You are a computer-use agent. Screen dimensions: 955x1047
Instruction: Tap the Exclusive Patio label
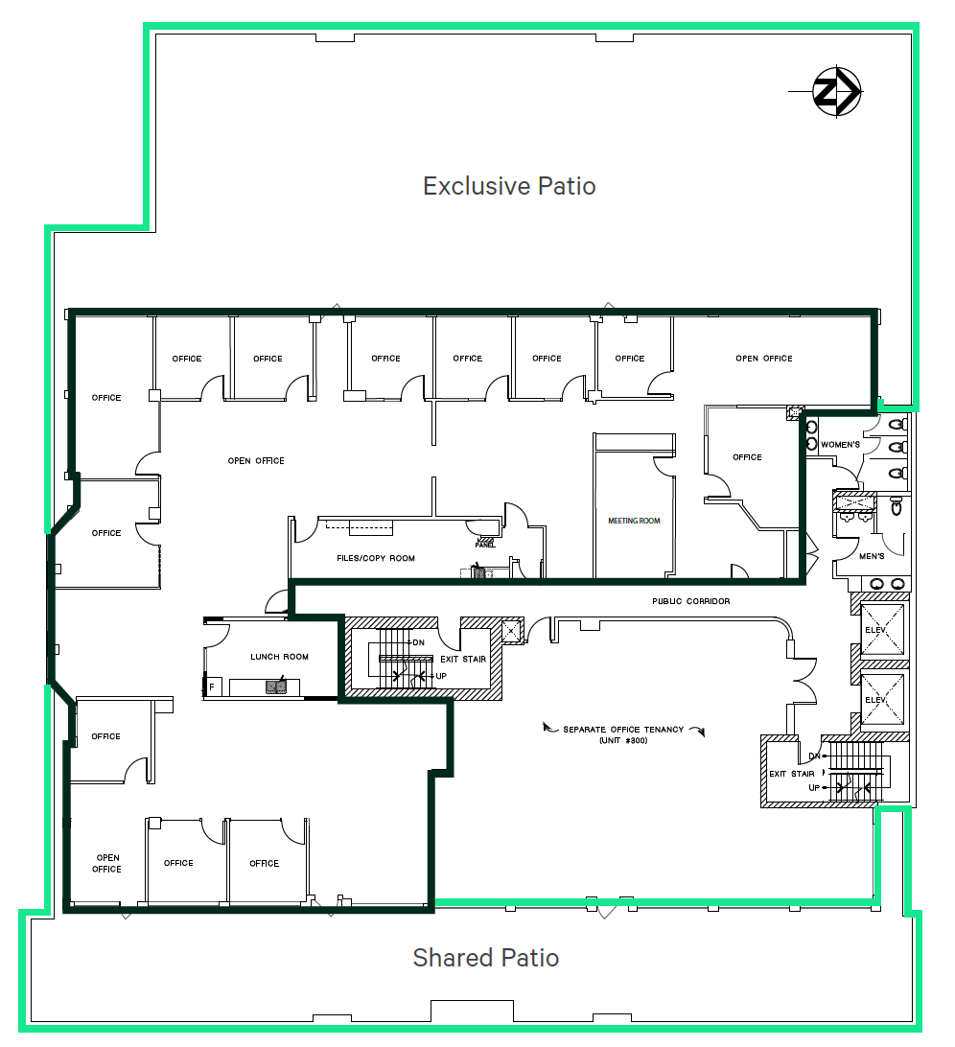click(509, 186)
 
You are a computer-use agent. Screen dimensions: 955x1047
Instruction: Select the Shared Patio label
click(485, 958)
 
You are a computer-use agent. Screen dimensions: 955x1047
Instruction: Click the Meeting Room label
click(634, 521)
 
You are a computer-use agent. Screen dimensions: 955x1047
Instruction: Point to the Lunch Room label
click(279, 657)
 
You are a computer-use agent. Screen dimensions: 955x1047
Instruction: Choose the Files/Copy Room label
click(376, 558)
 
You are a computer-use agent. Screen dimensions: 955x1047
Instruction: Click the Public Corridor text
click(690, 601)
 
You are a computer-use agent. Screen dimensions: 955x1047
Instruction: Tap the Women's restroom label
click(840, 445)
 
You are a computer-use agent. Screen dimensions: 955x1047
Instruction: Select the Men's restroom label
click(872, 556)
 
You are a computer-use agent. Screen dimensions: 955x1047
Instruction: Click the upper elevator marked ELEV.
click(882, 630)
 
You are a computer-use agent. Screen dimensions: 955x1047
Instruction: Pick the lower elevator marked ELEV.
click(882, 699)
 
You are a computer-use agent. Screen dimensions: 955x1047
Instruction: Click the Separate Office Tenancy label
click(623, 729)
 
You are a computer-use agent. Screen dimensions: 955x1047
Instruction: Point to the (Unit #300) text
click(623, 740)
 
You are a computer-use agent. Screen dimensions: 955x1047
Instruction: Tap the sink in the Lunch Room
click(276, 686)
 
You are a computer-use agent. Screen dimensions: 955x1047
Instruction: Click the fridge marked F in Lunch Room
click(212, 687)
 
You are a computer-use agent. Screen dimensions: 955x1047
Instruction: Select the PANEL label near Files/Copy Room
click(485, 545)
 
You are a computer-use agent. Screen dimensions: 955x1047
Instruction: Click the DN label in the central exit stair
click(418, 642)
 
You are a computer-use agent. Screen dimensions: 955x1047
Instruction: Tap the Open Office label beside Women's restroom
click(764, 359)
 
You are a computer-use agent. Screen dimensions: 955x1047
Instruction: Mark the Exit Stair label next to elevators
click(792, 774)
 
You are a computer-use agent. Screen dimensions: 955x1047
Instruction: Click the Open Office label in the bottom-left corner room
click(106, 863)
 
